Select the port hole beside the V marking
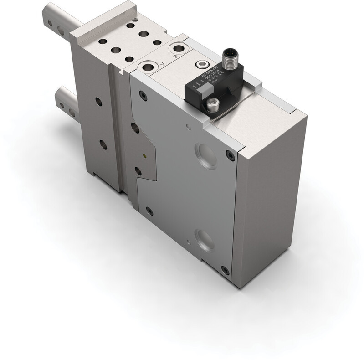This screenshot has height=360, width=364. tap(147, 66)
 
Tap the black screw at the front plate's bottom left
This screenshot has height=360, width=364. tap(149, 210)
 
